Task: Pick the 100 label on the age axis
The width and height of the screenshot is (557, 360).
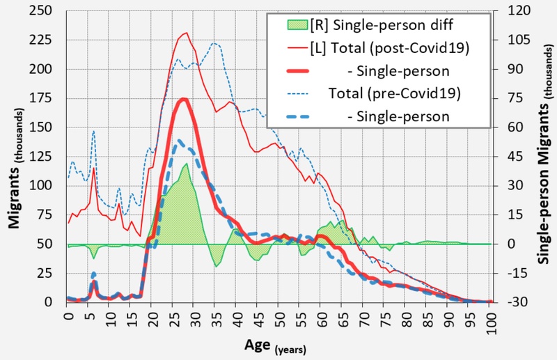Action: click(491, 321)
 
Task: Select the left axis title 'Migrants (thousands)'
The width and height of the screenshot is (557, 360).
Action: click(15, 157)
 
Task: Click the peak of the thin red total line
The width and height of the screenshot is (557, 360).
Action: click(185, 33)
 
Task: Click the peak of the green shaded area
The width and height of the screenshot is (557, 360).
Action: click(186, 164)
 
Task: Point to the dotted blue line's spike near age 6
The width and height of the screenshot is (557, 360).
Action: click(93, 131)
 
